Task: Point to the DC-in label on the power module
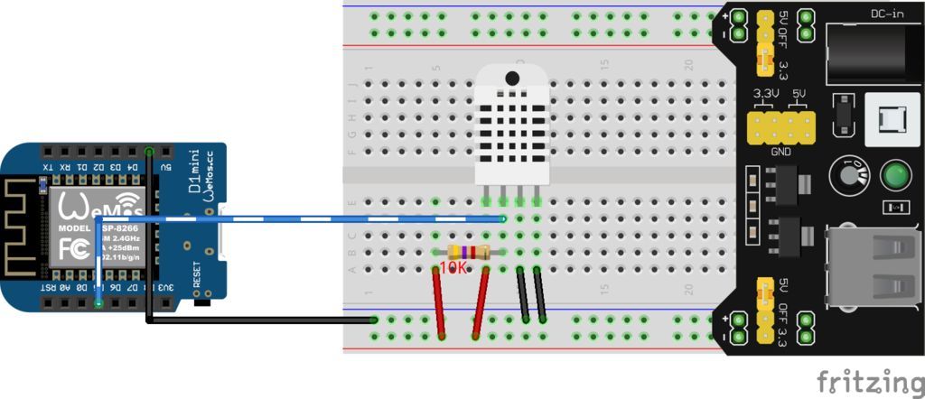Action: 888,14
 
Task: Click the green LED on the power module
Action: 894,174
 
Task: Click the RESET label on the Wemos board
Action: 198,273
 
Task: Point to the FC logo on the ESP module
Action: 74,248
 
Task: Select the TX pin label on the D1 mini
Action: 49,168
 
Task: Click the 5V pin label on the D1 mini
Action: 165,168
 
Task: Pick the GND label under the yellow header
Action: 780,152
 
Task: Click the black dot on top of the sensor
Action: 512,78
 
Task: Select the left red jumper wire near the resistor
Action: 438,302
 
